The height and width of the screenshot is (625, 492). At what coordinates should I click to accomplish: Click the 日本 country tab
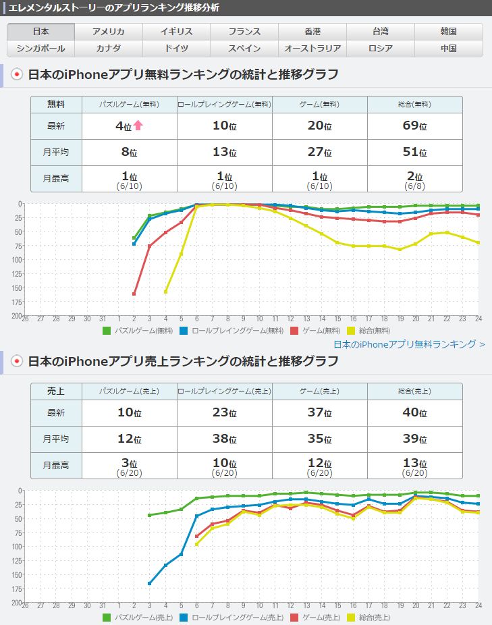[40, 32]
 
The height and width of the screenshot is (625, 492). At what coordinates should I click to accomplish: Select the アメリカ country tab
[109, 32]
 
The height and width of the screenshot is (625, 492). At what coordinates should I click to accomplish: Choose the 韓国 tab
[449, 32]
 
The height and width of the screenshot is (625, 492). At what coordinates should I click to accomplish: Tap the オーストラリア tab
[312, 49]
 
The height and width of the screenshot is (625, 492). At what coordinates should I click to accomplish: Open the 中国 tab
[449, 49]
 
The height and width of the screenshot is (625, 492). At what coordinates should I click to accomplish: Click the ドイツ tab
[177, 49]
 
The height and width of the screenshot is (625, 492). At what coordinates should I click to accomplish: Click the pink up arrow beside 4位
[138, 125]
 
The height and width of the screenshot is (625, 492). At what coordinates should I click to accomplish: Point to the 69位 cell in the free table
[414, 126]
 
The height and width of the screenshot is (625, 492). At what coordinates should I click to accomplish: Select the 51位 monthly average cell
[414, 152]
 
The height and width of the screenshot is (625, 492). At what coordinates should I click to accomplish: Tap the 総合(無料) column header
[414, 105]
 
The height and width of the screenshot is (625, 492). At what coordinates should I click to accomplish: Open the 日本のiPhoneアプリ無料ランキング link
[409, 344]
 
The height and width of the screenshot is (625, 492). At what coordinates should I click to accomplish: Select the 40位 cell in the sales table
[414, 412]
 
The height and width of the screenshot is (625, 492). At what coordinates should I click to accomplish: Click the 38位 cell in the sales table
[225, 439]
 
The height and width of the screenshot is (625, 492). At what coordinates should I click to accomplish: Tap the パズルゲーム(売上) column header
[129, 391]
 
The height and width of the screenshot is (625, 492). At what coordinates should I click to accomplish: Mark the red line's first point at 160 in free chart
[134, 294]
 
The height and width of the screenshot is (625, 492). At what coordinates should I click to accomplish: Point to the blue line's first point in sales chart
[150, 583]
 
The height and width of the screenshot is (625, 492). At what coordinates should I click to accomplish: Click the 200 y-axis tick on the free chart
[16, 315]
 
